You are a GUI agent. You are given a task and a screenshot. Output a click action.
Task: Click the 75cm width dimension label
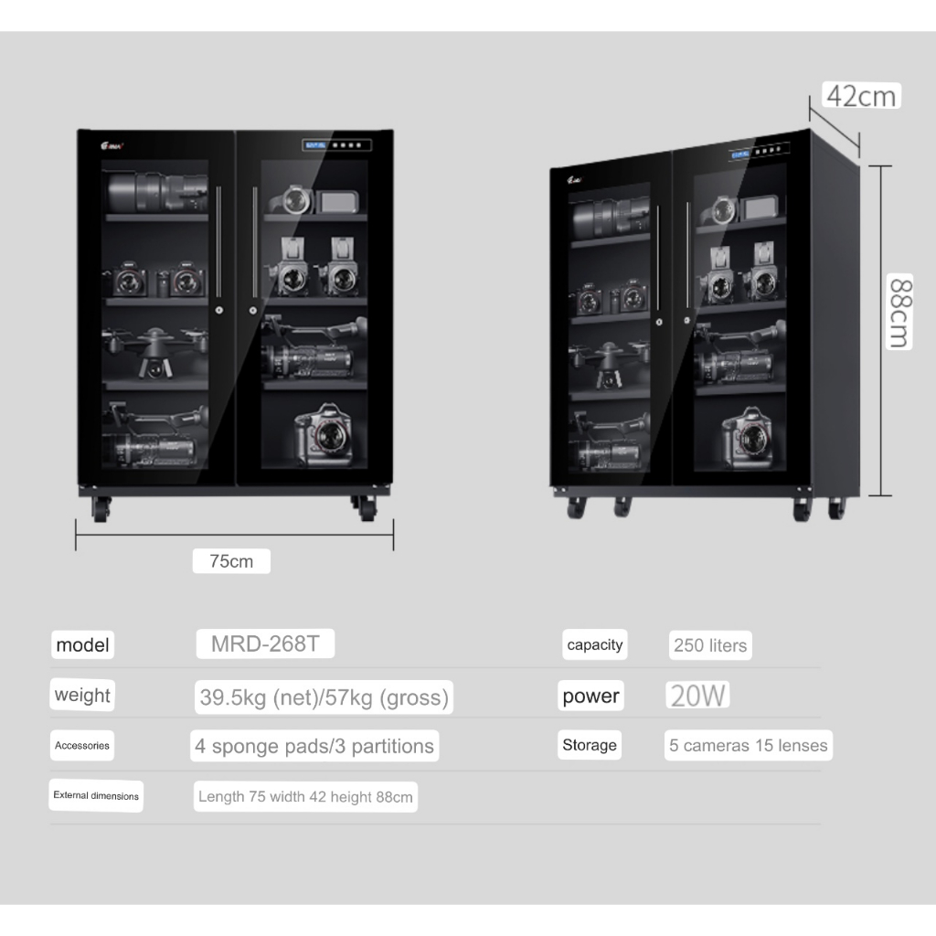tap(231, 561)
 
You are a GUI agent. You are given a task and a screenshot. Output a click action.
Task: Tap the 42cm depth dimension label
tap(861, 95)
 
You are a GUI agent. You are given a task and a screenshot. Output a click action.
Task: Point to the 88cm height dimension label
tap(899, 313)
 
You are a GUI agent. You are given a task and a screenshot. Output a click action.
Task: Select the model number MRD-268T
tap(265, 643)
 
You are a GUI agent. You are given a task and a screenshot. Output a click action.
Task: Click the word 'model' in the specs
tap(82, 645)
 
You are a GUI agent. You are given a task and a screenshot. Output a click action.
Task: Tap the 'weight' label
tap(82, 695)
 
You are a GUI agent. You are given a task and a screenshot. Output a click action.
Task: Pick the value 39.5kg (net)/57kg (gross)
tap(324, 698)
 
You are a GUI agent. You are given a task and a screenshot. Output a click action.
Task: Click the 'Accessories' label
tap(82, 746)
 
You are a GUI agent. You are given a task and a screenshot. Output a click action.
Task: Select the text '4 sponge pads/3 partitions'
tap(314, 746)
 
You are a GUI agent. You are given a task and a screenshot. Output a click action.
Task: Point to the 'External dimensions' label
tap(96, 795)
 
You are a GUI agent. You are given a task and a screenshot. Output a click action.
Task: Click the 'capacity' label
tap(595, 645)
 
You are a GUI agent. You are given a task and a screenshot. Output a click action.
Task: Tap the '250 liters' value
tap(710, 645)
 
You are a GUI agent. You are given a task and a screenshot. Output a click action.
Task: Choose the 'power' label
tap(590, 697)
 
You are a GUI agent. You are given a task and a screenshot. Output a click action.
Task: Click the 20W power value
tap(698, 697)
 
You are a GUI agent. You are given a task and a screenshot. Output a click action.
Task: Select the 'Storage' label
tap(590, 745)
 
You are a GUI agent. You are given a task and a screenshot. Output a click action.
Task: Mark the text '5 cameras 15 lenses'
tap(749, 745)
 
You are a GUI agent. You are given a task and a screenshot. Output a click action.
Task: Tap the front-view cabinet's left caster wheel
tap(101, 508)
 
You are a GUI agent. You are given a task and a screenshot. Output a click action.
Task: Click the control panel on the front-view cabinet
tap(337, 144)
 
